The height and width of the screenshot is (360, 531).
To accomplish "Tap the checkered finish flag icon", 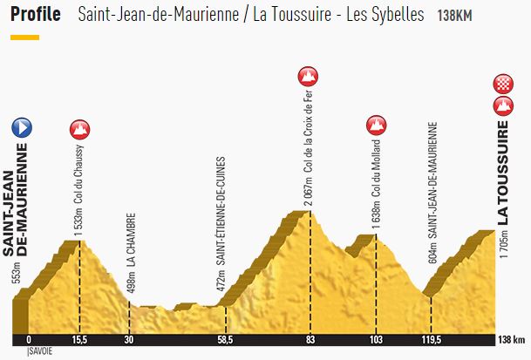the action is coord(502,85).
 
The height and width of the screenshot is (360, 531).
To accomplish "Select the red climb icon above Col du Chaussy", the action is coord(79,129).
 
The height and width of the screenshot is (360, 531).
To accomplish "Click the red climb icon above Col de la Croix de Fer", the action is coord(307,76).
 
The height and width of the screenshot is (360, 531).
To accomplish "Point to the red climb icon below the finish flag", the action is coord(502,106).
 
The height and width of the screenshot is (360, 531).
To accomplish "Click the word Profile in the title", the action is coord(36,15).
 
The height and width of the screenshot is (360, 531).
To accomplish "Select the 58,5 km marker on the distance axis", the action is coord(225,340).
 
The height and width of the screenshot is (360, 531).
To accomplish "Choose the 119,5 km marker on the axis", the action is coord(432,340).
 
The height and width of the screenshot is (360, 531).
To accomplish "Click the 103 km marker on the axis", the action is coord(376,340).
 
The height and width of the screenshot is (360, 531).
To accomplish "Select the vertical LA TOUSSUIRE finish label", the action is coord(503,173).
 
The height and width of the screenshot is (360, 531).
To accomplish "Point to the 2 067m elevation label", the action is coord(308,195).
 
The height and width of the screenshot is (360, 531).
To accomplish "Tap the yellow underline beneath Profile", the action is coord(24,37).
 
